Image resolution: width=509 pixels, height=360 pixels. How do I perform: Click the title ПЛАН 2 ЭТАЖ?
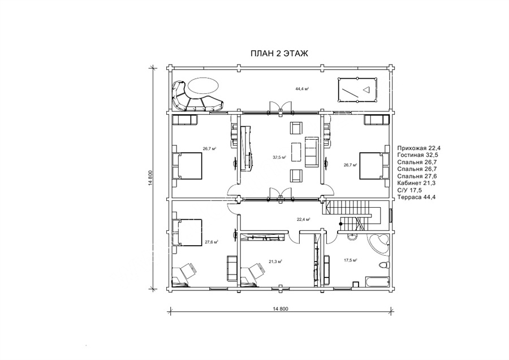click(x=279, y=54)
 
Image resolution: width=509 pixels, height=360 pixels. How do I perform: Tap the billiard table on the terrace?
click(x=357, y=89)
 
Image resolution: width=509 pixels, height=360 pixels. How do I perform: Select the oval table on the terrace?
click(x=204, y=87)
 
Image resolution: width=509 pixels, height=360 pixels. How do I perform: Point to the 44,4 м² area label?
click(x=301, y=88)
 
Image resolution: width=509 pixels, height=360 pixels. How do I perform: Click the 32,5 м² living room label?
click(x=279, y=157)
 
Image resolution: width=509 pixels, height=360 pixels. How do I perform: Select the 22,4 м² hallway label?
click(x=304, y=219)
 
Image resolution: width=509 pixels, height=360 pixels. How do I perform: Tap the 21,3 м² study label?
click(x=275, y=261)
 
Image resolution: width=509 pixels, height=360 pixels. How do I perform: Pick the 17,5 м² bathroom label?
click(x=351, y=260)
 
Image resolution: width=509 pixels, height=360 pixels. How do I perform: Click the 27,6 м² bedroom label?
click(x=212, y=242)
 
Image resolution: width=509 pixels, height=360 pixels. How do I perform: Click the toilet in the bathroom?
click(x=383, y=265)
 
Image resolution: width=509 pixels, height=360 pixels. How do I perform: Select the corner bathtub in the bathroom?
click(x=379, y=243)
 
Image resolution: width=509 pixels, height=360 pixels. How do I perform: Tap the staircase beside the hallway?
click(x=351, y=213)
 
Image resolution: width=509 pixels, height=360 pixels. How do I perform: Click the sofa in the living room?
click(x=311, y=152)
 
